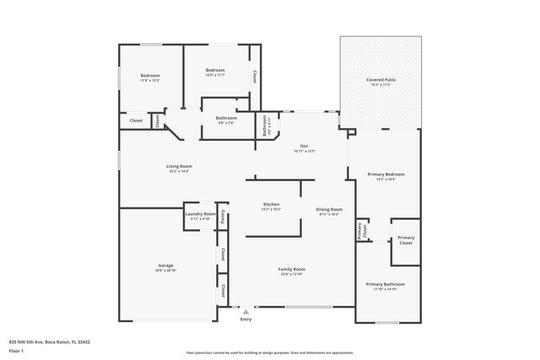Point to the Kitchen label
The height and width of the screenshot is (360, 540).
click(272, 205)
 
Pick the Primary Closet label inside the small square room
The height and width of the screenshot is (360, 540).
click(406, 239)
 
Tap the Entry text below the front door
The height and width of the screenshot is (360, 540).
click(246, 320)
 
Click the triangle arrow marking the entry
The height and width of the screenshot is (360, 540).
click(246, 311)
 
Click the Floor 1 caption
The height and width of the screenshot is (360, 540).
click(16, 349)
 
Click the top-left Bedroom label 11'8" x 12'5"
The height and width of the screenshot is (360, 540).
click(150, 77)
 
